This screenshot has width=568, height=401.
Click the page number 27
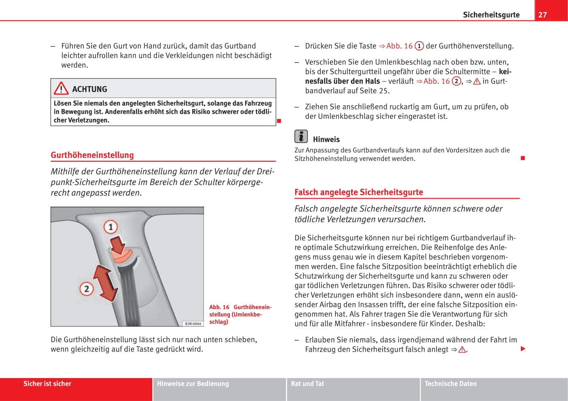[543, 15]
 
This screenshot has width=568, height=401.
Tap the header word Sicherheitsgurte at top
[491, 15]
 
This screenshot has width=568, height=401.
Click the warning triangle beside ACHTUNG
[61, 88]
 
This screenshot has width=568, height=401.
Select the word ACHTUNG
[90, 89]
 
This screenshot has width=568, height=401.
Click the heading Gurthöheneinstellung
[92, 155]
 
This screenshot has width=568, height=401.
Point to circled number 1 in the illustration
[111, 227]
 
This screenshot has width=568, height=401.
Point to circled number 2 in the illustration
[87, 289]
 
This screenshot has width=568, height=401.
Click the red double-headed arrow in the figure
[106, 282]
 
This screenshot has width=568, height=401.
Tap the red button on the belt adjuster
[124, 256]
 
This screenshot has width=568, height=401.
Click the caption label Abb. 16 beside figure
[219, 307]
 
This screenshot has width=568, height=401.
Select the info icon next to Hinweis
[301, 136]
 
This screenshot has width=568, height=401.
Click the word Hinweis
[326, 139]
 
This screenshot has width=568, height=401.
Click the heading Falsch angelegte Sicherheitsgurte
[358, 192]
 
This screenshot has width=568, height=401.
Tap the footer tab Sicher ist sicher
[47, 384]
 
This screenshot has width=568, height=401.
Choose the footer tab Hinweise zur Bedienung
[193, 384]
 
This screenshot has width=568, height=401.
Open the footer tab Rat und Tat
[307, 384]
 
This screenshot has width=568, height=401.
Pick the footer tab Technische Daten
[450, 384]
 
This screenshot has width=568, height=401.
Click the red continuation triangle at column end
[523, 349]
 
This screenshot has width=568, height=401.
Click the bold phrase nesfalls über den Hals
[342, 81]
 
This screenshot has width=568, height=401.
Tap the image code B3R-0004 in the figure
[193, 323]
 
